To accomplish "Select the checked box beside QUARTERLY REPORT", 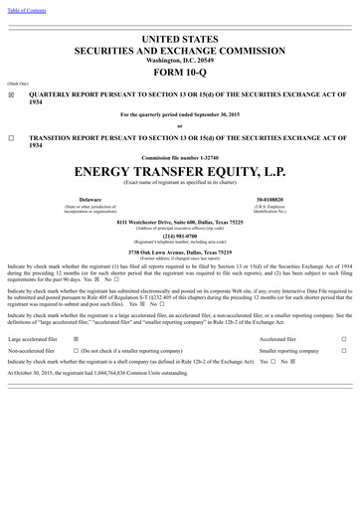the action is tap(11, 97).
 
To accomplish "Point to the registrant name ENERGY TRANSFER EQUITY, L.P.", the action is tap(179, 172).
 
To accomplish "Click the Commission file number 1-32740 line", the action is tap(179, 158).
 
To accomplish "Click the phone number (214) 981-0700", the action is tap(179, 236).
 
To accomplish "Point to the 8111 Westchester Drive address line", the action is tap(179, 221).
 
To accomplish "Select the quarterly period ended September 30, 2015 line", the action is tap(179, 114).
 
